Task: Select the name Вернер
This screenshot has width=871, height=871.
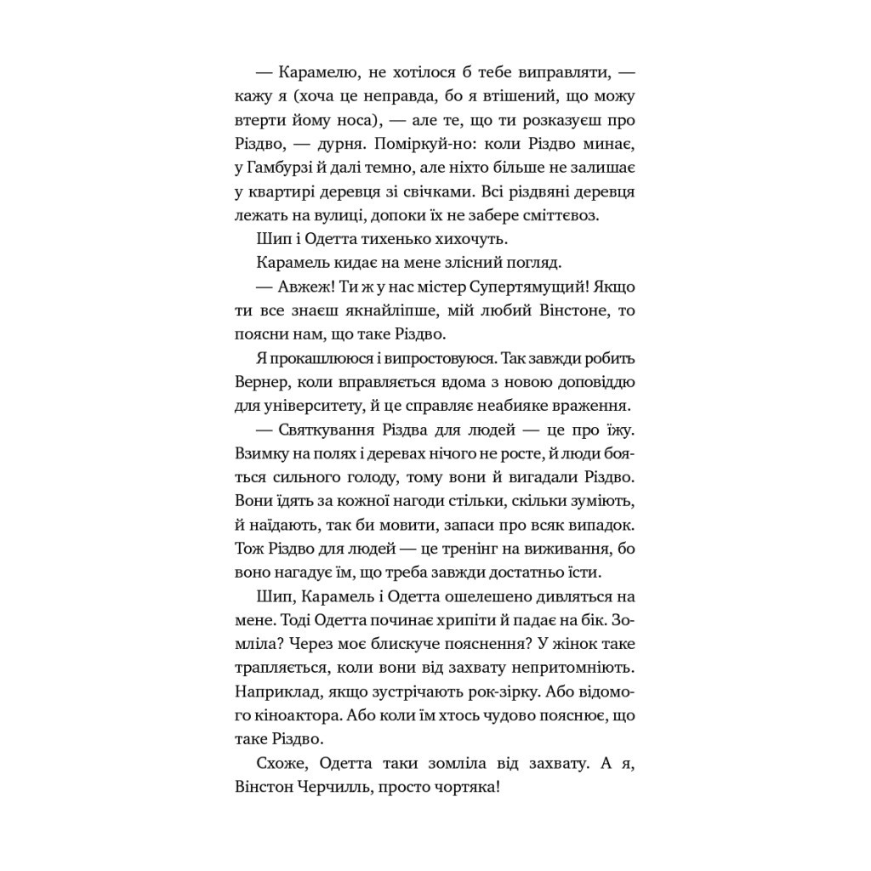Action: tap(265, 382)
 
